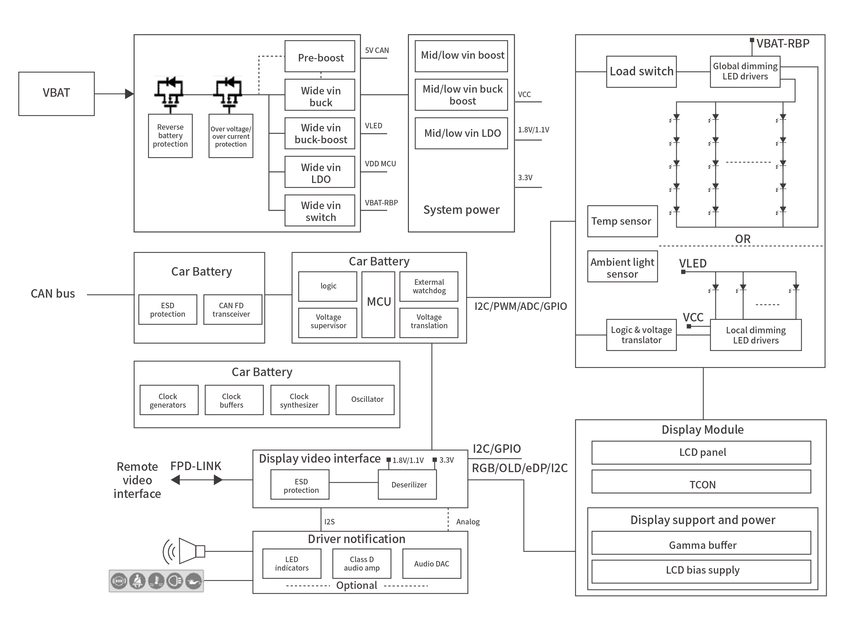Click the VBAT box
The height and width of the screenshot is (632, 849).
click(56, 93)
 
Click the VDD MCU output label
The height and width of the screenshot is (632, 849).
click(380, 164)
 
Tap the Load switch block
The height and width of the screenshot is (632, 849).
click(641, 72)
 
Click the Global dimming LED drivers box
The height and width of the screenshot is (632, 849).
click(745, 72)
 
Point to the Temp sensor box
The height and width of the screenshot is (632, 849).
click(622, 221)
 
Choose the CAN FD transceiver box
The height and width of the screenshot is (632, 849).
click(232, 310)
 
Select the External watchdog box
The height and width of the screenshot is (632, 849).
click(429, 286)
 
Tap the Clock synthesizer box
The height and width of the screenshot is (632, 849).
click(299, 400)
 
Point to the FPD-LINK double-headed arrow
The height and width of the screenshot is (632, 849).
click(196, 480)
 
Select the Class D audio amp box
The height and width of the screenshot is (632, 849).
click(361, 563)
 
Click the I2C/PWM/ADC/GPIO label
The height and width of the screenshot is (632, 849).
click(521, 306)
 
